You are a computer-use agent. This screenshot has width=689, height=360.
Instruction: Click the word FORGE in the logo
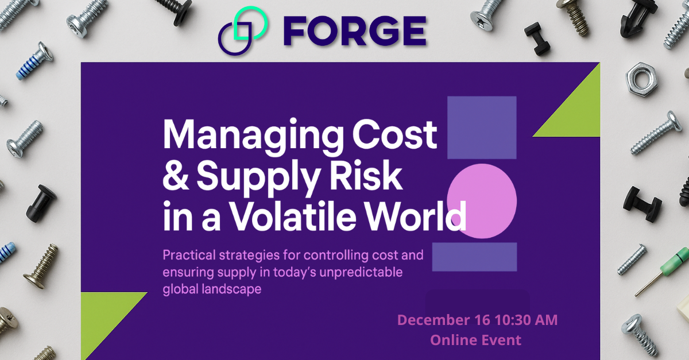[x=354, y=32]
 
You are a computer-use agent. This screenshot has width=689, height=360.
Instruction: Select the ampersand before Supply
[x=175, y=177]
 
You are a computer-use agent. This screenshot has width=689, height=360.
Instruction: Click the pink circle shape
[x=482, y=201]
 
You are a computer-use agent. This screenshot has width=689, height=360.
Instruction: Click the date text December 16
[x=443, y=320]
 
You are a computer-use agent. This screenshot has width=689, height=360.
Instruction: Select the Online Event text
[x=476, y=339]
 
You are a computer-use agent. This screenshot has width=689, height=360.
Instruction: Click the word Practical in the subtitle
[x=189, y=254]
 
